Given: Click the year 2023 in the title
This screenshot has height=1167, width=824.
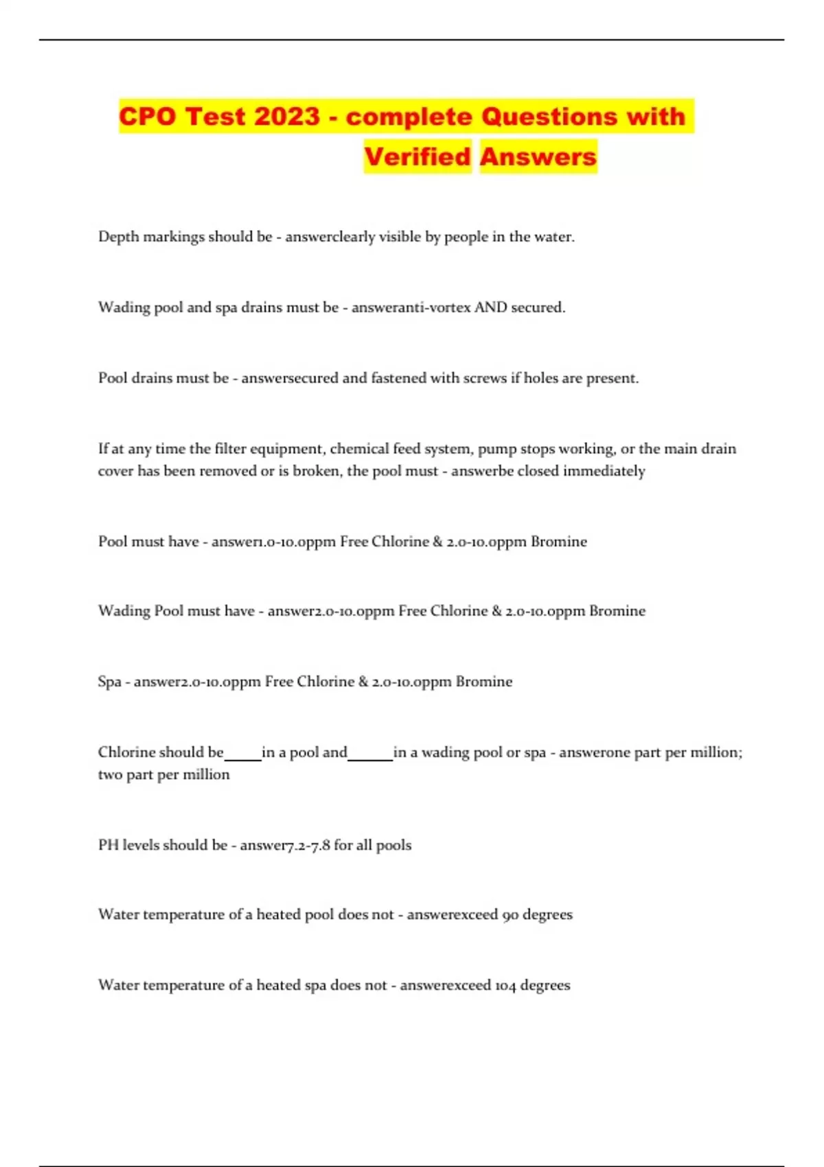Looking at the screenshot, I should [287, 116].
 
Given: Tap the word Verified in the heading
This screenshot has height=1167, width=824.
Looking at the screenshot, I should [417, 157].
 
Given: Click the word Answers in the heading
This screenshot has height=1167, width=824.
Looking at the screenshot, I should [538, 157].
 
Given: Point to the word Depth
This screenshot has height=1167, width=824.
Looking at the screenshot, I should [118, 237].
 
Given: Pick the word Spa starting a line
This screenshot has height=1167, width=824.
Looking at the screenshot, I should [109, 682].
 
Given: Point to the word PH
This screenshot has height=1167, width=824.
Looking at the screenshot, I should [108, 845].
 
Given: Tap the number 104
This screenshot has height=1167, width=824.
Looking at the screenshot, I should [505, 985].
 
